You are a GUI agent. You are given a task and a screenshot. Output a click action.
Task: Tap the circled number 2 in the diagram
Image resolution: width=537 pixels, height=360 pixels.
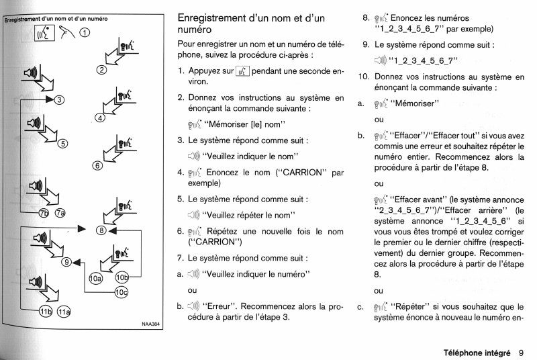pyautogui.click(x=101, y=69)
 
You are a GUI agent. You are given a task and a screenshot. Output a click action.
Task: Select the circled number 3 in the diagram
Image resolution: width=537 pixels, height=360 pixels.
pyautogui.click(x=59, y=100)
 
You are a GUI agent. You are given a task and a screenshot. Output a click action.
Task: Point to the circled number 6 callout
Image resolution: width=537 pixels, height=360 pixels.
pyautogui.click(x=97, y=166)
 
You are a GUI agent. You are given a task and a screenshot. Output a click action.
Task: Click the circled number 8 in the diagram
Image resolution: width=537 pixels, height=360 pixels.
pyautogui.click(x=101, y=231)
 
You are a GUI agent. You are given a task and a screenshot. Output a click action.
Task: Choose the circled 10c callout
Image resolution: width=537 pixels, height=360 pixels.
pyautogui.click(x=121, y=291)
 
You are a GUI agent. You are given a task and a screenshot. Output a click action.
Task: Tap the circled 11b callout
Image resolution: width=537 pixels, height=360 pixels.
pyautogui.click(x=44, y=311)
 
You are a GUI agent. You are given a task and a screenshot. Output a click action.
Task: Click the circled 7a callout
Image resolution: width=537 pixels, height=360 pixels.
pyautogui.click(x=60, y=214)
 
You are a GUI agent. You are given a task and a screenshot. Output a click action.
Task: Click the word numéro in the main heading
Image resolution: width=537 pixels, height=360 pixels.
pyautogui.click(x=194, y=30)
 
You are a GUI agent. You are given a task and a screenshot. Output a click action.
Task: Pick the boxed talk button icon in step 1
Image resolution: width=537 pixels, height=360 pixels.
pyautogui.click(x=242, y=69)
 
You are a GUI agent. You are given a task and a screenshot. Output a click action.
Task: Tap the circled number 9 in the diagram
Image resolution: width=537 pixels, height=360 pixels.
pyautogui.click(x=66, y=263)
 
